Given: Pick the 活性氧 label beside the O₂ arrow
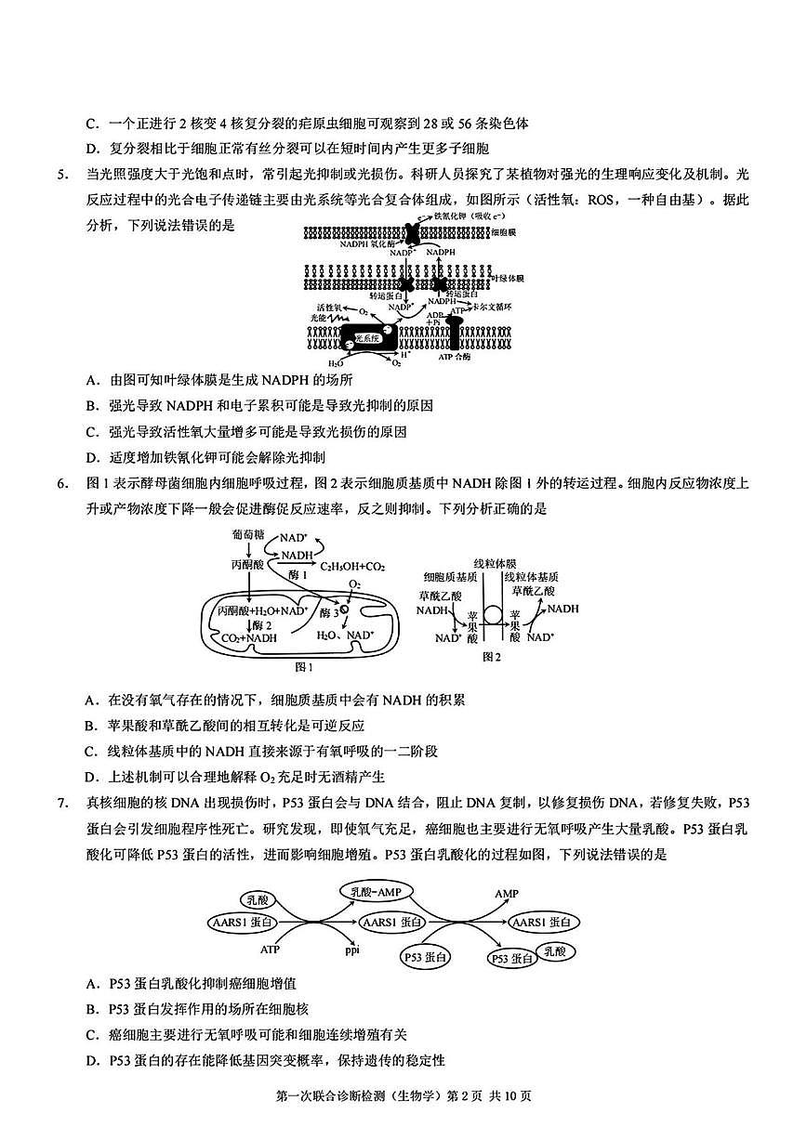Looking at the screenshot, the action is pyautogui.click(x=328, y=306).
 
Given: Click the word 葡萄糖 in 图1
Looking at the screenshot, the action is pyautogui.click(x=248, y=536).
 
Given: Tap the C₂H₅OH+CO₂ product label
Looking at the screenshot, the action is pyautogui.click(x=353, y=566).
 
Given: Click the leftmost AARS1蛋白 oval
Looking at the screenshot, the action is pyautogui.click(x=243, y=922).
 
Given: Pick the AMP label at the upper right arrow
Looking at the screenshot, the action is pyautogui.click(x=507, y=894).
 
